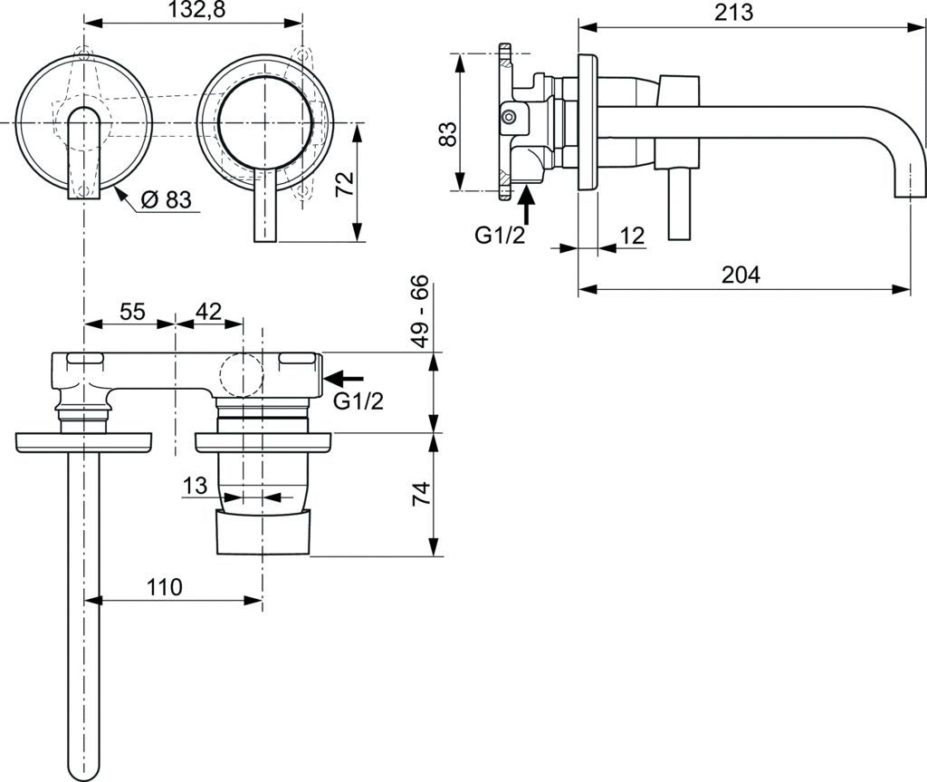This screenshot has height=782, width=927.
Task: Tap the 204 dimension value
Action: (x=740, y=275)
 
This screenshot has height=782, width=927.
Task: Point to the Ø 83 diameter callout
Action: (x=167, y=200)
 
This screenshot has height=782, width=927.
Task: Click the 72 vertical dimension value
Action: (x=344, y=186)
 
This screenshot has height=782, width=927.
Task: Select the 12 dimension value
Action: (x=631, y=236)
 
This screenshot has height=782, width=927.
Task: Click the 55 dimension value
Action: (x=132, y=312)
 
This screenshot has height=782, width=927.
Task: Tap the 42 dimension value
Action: (x=208, y=312)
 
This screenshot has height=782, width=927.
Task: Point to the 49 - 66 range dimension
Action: (x=420, y=313)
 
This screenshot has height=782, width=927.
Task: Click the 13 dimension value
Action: (x=195, y=487)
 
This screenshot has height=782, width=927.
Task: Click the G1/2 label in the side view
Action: (x=501, y=236)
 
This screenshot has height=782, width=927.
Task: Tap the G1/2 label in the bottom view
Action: (x=358, y=401)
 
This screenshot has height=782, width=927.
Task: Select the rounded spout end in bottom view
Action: (x=84, y=753)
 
